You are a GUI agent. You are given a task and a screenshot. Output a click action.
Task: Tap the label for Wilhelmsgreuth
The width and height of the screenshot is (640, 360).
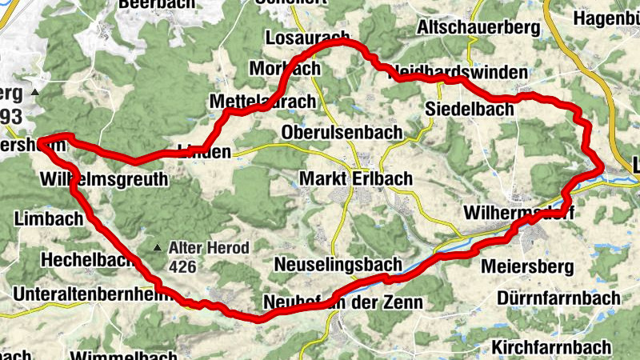click(x=103, y=179)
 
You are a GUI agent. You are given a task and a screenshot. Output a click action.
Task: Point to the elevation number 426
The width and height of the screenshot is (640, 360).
click(x=181, y=264)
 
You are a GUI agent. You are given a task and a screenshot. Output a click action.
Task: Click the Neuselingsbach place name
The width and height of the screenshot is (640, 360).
click(x=336, y=263)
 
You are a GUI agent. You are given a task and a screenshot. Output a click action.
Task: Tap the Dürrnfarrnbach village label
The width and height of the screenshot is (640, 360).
click(x=558, y=298)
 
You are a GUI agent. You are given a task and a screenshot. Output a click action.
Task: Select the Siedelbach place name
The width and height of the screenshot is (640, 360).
click(x=464, y=108)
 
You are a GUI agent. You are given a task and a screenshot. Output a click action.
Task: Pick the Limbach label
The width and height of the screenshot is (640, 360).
click(x=50, y=218)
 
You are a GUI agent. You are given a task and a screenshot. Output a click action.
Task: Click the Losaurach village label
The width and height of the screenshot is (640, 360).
click(x=306, y=39)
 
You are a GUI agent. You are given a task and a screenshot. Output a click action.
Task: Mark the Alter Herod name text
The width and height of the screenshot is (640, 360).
click(x=209, y=248)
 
